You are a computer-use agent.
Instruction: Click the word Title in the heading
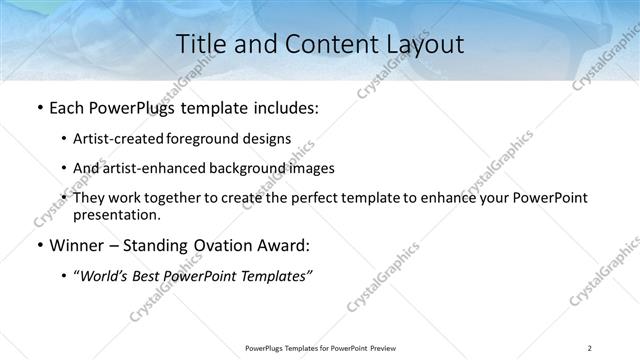[200, 44]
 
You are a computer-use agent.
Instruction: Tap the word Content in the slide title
[318, 44]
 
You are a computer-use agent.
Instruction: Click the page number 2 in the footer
[590, 347]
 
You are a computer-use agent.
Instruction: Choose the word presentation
[115, 215]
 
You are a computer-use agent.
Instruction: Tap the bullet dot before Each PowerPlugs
[37, 108]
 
